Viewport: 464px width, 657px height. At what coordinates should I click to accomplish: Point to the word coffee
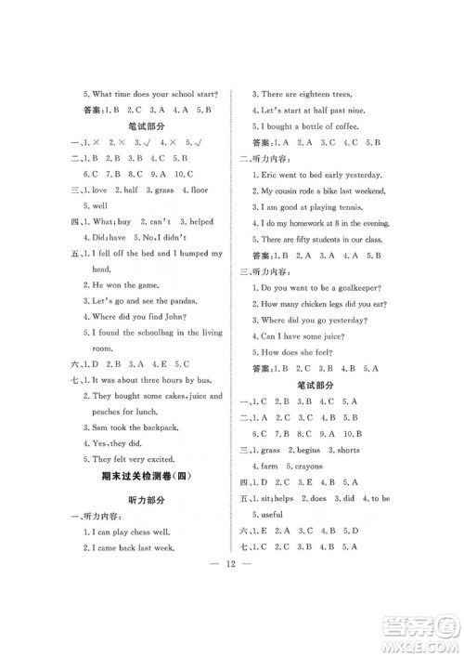(x=353, y=125)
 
